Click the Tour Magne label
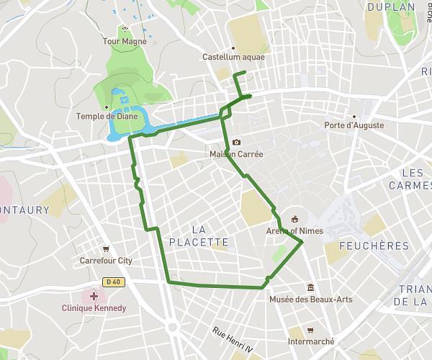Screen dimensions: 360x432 point(125,42)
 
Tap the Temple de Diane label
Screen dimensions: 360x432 point(106,116)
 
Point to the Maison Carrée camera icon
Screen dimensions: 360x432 point(236,143)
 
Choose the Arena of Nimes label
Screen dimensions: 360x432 point(294,231)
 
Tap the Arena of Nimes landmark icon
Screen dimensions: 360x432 point(294,220)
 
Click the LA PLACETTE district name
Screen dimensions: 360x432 point(199,236)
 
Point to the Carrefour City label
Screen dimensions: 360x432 point(106,261)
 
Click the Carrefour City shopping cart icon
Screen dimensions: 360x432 point(106,249)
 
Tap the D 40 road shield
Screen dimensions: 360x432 point(111,282)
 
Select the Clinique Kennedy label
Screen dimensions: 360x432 point(94,308)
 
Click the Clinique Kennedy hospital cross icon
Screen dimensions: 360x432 point(94,296)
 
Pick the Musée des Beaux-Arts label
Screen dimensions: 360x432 point(310,299)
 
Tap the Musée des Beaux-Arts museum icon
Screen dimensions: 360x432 point(310,287)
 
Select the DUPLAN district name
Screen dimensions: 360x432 point(391,7)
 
